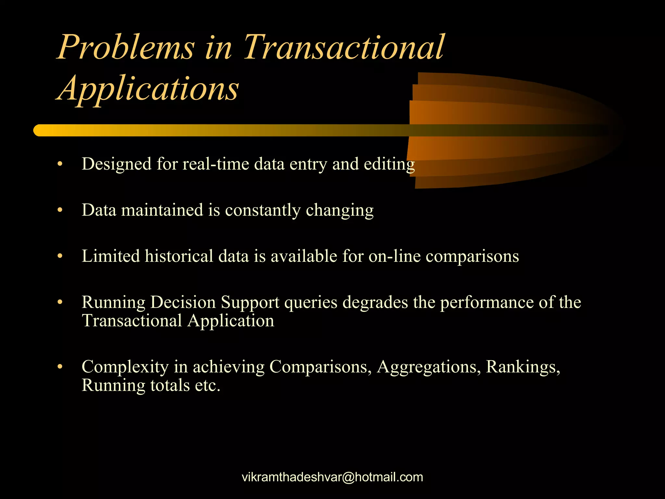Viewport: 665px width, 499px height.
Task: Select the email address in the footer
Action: tap(332, 477)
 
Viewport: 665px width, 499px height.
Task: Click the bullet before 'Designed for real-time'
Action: tap(59, 164)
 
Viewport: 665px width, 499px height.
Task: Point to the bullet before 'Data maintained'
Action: tap(59, 211)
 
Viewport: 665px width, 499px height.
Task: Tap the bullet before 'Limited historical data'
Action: tap(59, 257)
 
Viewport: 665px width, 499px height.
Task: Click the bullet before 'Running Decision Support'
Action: tap(59, 303)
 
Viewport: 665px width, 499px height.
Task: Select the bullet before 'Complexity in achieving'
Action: tap(59, 367)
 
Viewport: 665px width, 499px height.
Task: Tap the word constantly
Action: tap(263, 210)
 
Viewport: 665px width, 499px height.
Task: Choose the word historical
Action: tap(179, 256)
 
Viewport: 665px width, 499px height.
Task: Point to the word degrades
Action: tap(375, 302)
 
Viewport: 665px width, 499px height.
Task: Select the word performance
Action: tap(487, 302)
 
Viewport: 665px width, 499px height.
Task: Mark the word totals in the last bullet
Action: tap(170, 386)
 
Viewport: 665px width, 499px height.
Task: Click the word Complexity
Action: tap(125, 367)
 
